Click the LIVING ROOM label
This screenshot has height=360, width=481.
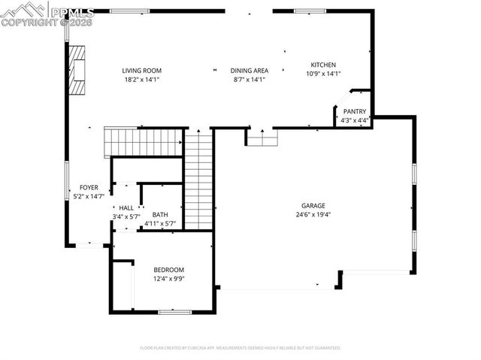[142, 71]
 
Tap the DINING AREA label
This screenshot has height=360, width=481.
[250, 71]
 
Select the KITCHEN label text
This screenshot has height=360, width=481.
[323, 65]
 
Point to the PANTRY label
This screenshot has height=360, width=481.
[354, 111]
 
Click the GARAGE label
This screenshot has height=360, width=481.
[313, 205]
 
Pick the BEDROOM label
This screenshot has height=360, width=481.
[168, 270]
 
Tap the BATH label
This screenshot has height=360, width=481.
[159, 214]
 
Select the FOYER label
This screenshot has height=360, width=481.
[89, 188]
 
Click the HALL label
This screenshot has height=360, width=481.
[126, 208]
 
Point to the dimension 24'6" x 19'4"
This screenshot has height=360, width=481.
[313, 214]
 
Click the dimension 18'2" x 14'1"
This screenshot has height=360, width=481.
[142, 79]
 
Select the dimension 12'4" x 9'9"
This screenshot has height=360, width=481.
[168, 278]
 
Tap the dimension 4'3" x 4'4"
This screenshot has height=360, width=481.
[354, 119]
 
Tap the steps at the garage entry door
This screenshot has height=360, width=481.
[262, 138]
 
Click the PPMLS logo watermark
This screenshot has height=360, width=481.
[47, 14]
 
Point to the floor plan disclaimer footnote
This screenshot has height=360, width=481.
[240, 348]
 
